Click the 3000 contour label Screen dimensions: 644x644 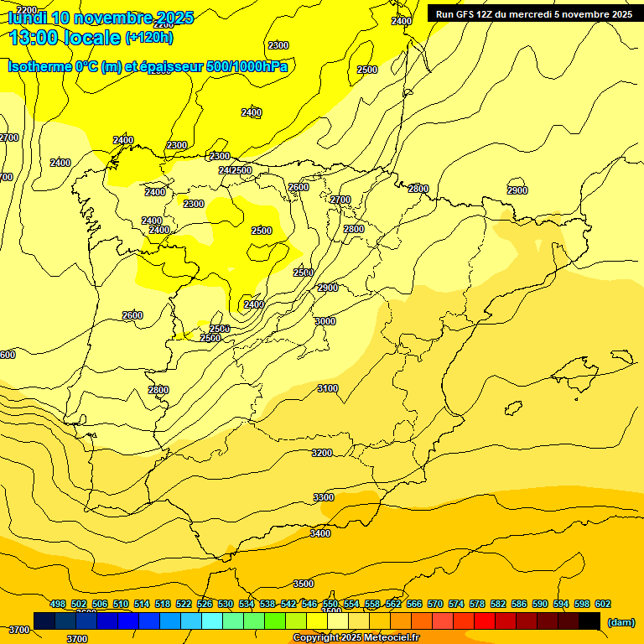point(325,321)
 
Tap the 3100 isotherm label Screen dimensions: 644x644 point(328,388)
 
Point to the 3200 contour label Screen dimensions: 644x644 point(322,453)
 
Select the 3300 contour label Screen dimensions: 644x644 point(324,497)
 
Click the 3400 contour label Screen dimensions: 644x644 point(320,533)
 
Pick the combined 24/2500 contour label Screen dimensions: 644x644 point(235,170)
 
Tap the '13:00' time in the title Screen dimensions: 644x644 point(34,37)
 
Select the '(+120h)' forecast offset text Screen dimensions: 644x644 point(149,38)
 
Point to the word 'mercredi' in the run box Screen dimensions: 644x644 point(527,14)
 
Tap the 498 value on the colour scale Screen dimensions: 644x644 point(58,604)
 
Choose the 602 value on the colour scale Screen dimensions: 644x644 point(603,604)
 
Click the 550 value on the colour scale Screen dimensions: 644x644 point(330,604)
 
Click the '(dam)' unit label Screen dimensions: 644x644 point(621,621)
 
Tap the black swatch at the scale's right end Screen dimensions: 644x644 point(589,621)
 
